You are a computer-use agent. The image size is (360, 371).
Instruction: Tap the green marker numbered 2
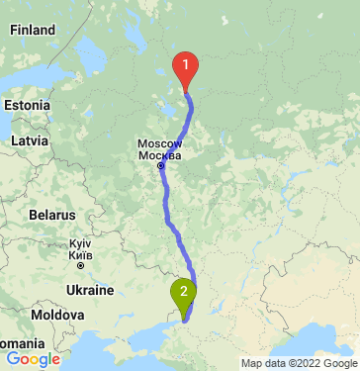pyautogui.click(x=184, y=294)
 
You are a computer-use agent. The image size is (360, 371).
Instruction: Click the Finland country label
pyautogui.click(x=33, y=31)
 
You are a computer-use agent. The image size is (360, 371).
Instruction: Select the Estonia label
pyautogui.click(x=26, y=104)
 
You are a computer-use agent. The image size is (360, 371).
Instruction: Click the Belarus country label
pyautogui.click(x=51, y=215)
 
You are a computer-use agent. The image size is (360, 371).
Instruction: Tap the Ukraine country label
pyautogui.click(x=89, y=291)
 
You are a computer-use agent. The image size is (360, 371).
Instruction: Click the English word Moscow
pyautogui.click(x=159, y=144)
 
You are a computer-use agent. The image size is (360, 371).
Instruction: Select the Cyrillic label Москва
pyautogui.click(x=159, y=156)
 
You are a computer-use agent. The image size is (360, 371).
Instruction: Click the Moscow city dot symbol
pyautogui.click(x=160, y=166)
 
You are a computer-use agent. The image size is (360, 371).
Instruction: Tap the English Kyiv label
pyautogui.click(x=80, y=243)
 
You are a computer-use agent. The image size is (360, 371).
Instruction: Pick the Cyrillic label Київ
pyautogui.click(x=80, y=254)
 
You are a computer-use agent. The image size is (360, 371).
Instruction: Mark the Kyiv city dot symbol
pyautogui.click(x=80, y=265)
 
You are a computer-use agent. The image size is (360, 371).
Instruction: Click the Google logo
pyautogui.click(x=33, y=359)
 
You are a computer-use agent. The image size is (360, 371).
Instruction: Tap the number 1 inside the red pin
pyautogui.click(x=185, y=65)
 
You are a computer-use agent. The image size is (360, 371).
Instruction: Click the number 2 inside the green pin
pyautogui.click(x=184, y=290)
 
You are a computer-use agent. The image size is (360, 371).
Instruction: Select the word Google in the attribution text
pyautogui.click(x=335, y=363)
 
